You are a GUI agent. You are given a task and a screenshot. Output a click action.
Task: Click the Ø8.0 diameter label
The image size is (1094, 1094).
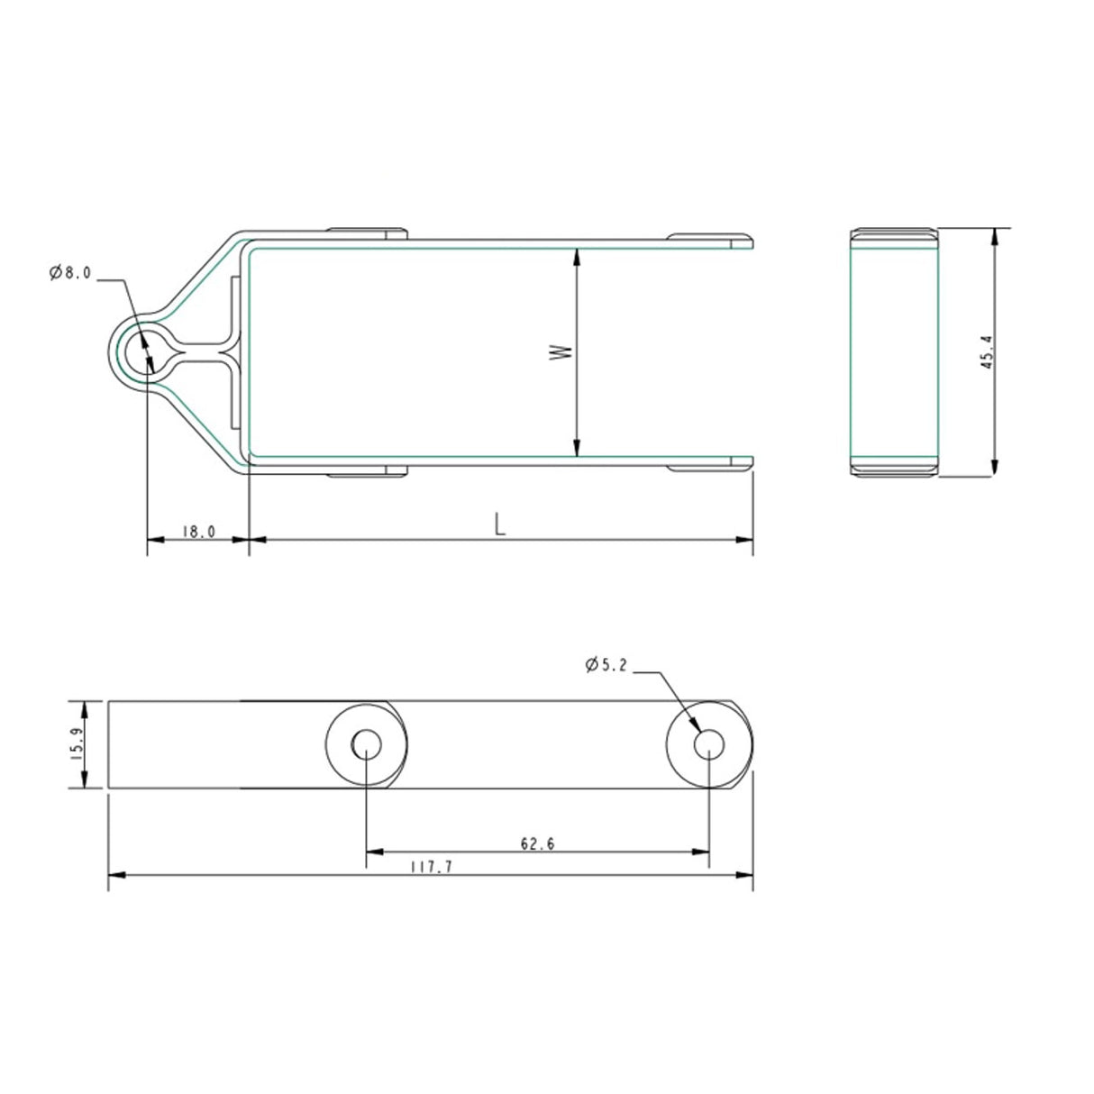point(70,273)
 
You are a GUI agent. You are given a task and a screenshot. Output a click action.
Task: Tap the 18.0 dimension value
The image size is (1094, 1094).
point(198,532)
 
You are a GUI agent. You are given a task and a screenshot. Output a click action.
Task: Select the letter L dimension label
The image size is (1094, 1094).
point(499,524)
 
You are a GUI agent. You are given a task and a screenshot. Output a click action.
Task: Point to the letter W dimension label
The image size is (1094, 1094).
point(561,352)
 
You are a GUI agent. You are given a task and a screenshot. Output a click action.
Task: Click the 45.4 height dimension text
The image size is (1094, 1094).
point(987,352)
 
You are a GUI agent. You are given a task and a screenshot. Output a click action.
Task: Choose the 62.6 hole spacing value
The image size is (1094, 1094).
point(537,844)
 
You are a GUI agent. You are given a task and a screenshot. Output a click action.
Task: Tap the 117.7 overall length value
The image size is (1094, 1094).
point(432,867)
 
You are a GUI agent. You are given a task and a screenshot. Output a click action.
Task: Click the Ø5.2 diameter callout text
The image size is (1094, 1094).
point(606,664)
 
